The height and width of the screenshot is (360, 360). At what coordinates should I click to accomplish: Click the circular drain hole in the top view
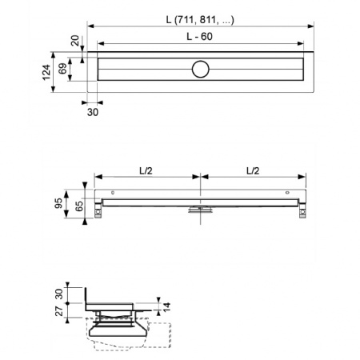coord(200,70)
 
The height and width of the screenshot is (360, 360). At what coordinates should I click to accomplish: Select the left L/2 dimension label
coord(146,169)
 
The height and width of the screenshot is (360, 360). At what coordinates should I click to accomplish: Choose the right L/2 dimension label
coord(253,169)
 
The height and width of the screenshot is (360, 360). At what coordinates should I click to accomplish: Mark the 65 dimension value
coord(81,206)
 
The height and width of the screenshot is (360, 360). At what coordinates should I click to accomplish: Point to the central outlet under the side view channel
coord(200,210)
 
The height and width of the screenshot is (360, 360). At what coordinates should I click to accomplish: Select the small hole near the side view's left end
coord(114,194)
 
